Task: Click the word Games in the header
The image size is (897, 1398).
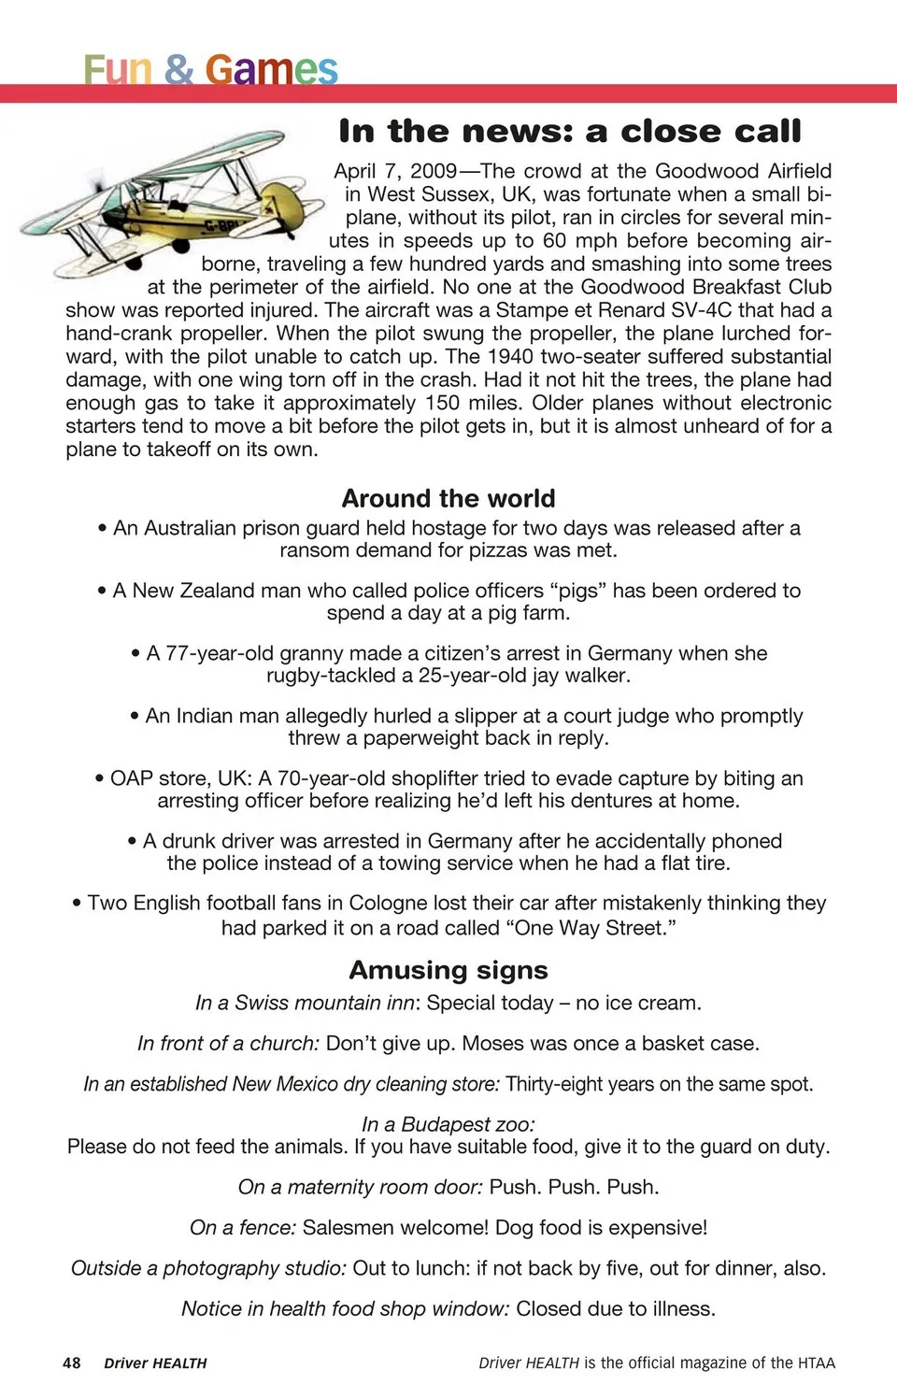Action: tap(271, 70)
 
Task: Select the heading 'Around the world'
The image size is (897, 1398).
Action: tap(448, 498)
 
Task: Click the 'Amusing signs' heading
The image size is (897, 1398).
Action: tap(448, 970)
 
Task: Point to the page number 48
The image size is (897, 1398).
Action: tap(72, 1362)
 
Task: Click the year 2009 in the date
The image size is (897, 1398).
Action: tap(434, 171)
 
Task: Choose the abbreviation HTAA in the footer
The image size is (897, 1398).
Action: tap(816, 1362)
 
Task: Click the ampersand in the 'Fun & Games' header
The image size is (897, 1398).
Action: tap(178, 70)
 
